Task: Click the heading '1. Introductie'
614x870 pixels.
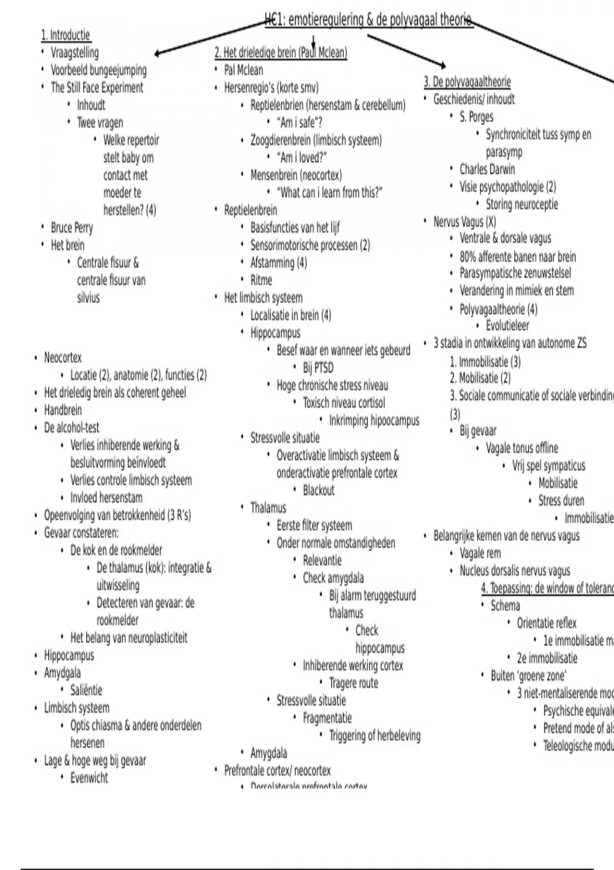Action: [x=65, y=35]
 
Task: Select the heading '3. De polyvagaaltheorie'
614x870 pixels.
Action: [x=467, y=82]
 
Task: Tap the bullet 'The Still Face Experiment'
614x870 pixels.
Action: [x=97, y=88]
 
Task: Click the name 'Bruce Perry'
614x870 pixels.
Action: [x=72, y=227]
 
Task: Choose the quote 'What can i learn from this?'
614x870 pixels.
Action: [x=330, y=192]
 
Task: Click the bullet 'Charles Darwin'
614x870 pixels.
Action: [x=487, y=169]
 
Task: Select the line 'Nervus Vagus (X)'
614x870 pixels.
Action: [x=465, y=222]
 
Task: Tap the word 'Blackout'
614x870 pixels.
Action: [x=318, y=490]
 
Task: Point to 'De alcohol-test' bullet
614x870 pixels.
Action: [x=72, y=428]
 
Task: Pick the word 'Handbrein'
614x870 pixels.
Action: [x=63, y=410]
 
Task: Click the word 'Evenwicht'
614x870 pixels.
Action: [x=89, y=778]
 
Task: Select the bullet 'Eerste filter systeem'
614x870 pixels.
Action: [x=314, y=526]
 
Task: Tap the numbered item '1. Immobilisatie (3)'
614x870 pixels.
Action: [x=485, y=362]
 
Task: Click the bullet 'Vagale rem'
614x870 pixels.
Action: [x=480, y=553]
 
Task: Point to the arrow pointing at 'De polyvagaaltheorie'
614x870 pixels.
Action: [x=407, y=50]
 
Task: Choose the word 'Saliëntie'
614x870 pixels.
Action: [x=86, y=690]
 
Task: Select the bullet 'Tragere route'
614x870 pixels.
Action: [x=354, y=683]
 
